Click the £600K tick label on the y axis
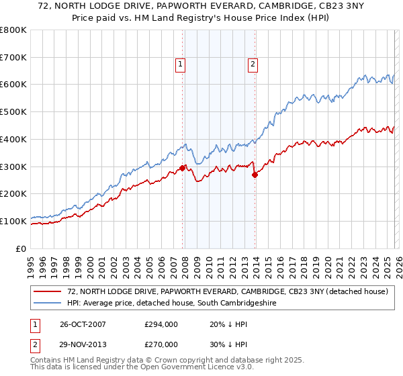[x=13, y=85]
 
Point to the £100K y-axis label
[x=13, y=221]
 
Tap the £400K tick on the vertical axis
[x=13, y=139]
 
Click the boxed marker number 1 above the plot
[x=181, y=64]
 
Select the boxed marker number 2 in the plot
[x=253, y=64]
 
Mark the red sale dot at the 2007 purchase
[x=182, y=169]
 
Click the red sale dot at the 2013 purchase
[x=255, y=175]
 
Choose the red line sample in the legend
[x=48, y=292]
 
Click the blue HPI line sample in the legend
[x=48, y=303]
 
